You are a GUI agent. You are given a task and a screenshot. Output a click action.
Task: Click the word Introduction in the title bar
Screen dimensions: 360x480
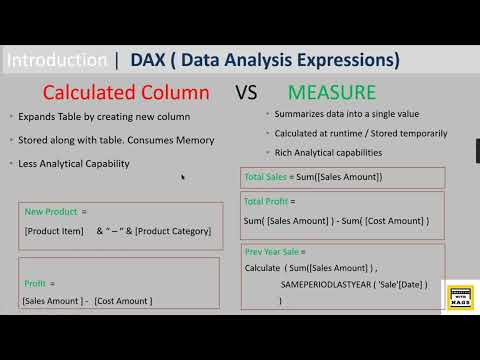[56, 60]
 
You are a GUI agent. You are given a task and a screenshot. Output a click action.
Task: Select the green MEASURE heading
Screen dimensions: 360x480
[332, 93]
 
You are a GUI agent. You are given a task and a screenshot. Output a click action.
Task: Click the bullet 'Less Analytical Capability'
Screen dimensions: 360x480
[73, 162]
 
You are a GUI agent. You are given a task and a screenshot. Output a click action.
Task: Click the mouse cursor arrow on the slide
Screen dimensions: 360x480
[183, 178]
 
